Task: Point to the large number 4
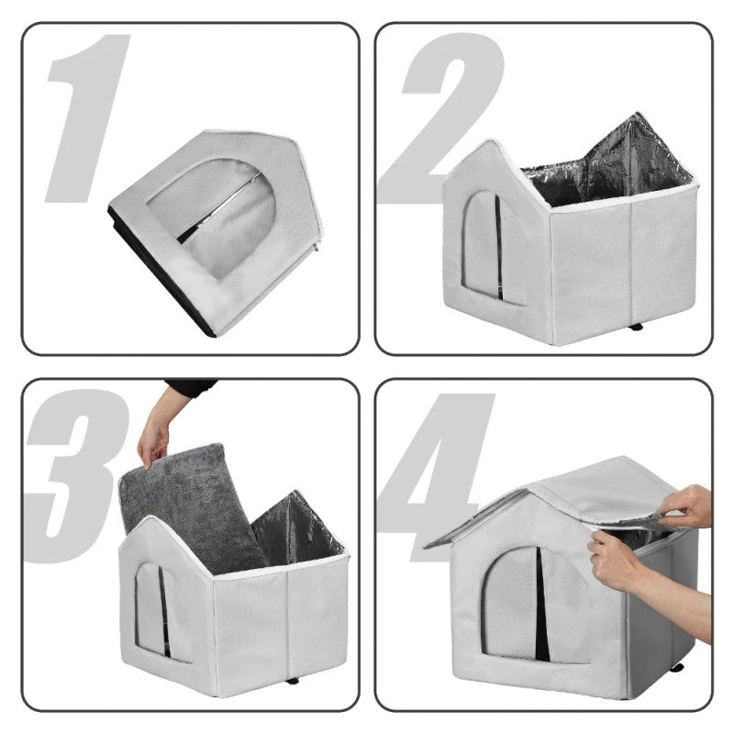click(x=436, y=468)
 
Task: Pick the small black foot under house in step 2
click(x=635, y=327)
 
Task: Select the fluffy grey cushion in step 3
click(x=193, y=505)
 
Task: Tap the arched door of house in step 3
click(x=151, y=610)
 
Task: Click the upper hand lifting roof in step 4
click(x=688, y=505)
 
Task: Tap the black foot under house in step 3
click(x=293, y=680)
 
